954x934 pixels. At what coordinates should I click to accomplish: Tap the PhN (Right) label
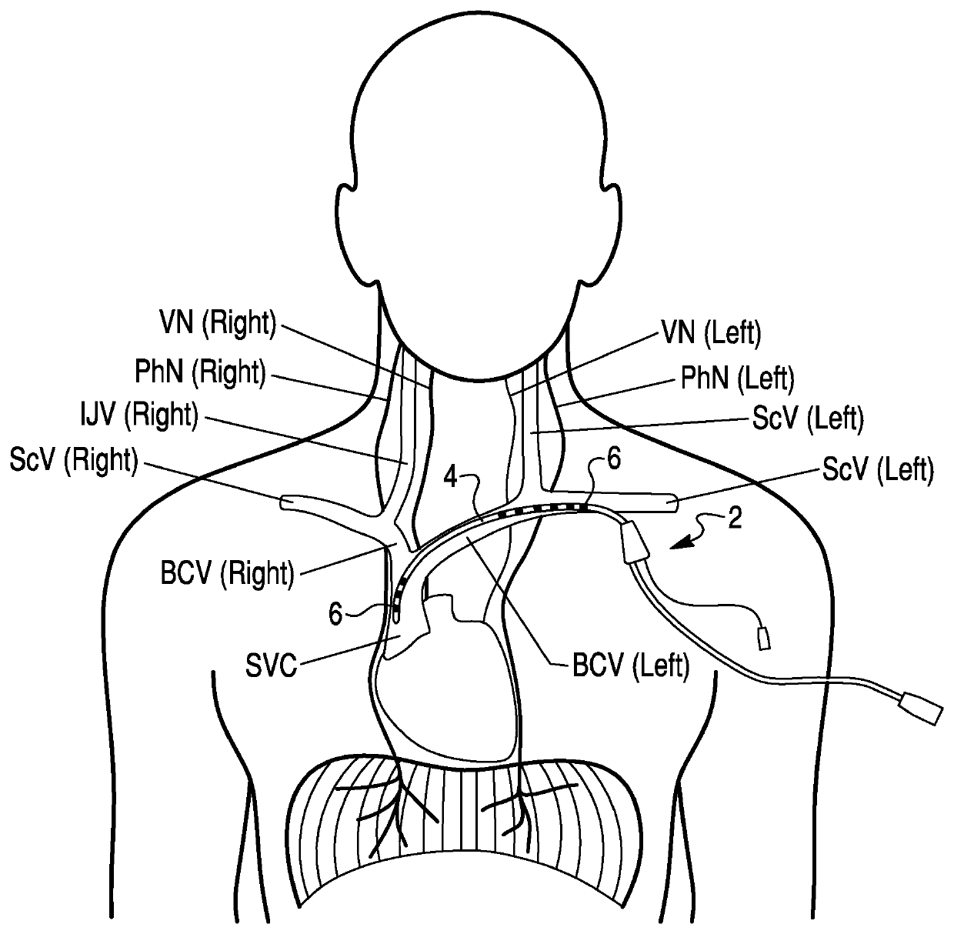click(200, 373)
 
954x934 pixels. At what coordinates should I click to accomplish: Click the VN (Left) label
click(711, 333)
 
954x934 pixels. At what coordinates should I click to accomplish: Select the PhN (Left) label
click(737, 378)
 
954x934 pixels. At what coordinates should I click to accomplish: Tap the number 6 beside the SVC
click(335, 613)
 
